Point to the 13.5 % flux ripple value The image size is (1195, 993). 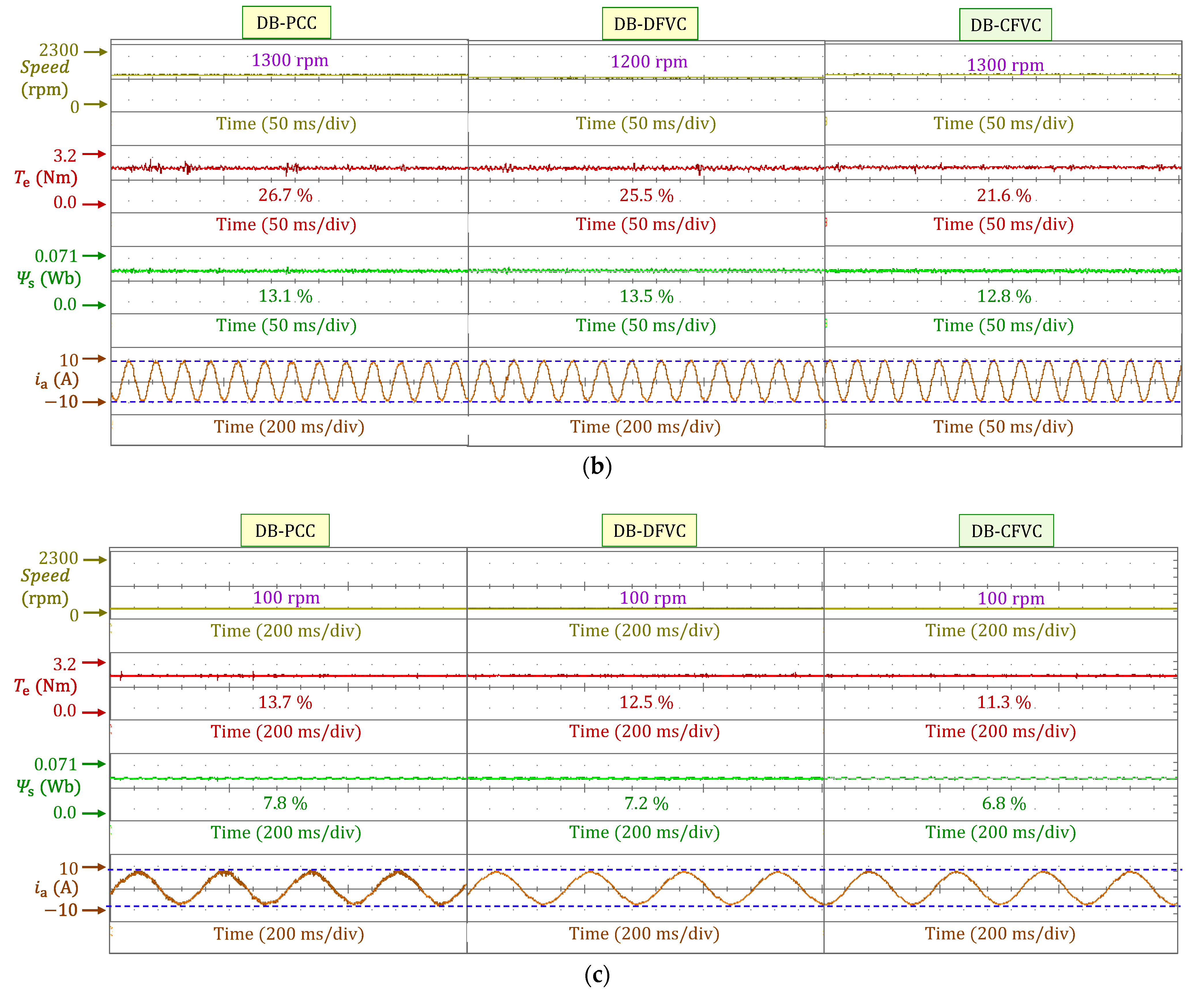[646, 297]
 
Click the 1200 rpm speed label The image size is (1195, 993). [649, 61]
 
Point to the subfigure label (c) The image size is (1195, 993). [597, 975]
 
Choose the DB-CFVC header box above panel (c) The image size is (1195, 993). [1006, 531]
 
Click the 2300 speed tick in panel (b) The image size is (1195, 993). [59, 50]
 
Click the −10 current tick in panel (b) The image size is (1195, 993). [61, 402]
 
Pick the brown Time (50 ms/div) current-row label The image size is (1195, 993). [1003, 427]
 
